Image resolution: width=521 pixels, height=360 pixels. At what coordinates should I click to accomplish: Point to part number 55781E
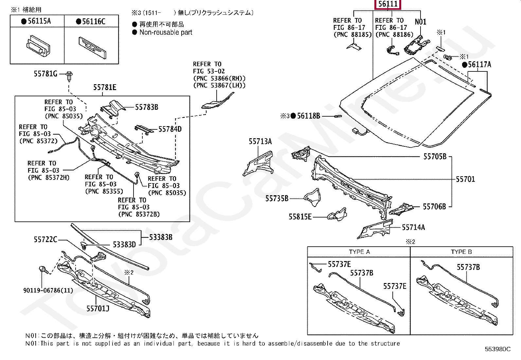(x=105, y=87)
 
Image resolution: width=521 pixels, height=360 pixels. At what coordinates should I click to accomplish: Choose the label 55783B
(x=147, y=107)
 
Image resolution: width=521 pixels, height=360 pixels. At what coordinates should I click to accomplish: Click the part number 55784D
(x=170, y=129)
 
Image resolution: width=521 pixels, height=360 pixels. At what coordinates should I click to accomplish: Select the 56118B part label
(x=308, y=116)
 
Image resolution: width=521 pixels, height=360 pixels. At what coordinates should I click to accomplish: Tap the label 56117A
(x=479, y=65)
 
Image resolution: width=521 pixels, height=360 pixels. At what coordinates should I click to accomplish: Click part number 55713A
(x=260, y=142)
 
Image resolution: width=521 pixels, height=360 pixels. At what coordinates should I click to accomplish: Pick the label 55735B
(x=277, y=198)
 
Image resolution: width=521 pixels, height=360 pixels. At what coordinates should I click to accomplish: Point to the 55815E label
(x=300, y=217)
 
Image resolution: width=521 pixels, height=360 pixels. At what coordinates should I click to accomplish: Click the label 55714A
(x=413, y=227)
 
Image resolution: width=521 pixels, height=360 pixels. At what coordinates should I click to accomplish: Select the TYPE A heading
(x=359, y=252)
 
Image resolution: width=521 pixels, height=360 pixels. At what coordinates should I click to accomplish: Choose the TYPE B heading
(x=461, y=252)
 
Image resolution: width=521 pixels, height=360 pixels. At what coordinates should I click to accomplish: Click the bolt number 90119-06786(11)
(x=48, y=290)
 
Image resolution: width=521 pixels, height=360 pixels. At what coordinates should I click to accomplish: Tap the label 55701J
(x=98, y=308)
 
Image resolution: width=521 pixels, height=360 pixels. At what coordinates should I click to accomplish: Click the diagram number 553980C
(x=497, y=349)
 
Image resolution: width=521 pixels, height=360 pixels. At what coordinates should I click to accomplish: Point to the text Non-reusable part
(x=166, y=32)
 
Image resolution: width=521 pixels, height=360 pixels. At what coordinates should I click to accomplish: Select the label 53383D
(x=124, y=244)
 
